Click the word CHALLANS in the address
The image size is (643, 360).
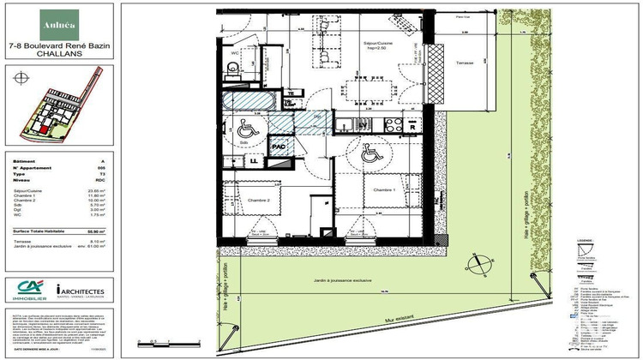tap(57, 51)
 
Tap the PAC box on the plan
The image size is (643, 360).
tap(279, 147)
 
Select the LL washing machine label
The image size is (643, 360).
tap(255, 160)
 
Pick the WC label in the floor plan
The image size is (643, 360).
tap(234, 52)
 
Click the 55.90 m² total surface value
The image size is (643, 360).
tap(101, 231)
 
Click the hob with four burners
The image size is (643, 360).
tap(394, 124)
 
